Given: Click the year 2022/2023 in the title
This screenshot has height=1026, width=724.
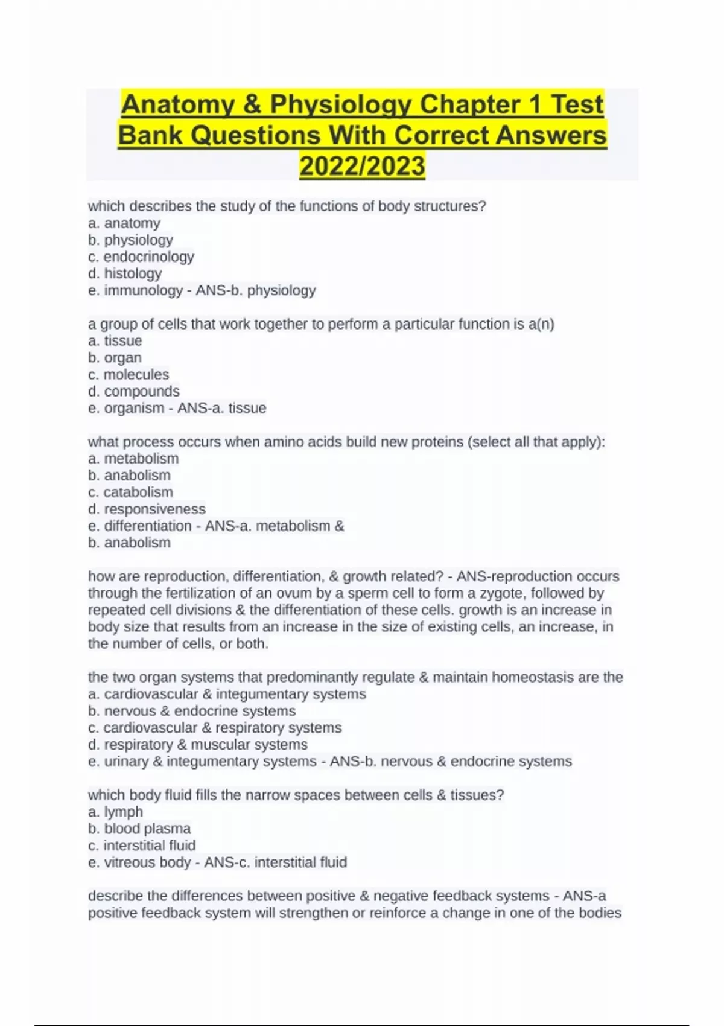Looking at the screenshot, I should (x=362, y=166).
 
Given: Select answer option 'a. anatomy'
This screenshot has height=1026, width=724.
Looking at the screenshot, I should (x=124, y=223).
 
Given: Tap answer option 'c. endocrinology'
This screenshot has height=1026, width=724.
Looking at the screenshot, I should (x=141, y=257).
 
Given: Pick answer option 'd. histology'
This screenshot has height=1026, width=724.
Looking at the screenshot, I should (x=125, y=273).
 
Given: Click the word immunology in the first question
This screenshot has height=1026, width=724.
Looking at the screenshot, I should (x=144, y=290).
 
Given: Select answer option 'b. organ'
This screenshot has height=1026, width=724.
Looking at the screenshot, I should (x=115, y=358).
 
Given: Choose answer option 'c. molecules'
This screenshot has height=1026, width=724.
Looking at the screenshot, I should (x=129, y=375).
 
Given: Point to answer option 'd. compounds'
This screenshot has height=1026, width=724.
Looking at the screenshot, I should (x=134, y=392).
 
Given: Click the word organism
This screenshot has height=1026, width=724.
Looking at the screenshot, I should (x=135, y=409).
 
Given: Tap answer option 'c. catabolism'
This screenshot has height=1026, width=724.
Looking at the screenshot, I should (x=130, y=492).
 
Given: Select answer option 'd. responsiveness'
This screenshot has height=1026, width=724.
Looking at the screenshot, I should (x=147, y=509).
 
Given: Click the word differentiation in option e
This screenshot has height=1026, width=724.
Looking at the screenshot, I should (x=148, y=526).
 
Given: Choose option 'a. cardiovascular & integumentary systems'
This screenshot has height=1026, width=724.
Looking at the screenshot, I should (x=227, y=695).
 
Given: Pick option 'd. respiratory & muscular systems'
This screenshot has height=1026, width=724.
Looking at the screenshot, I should (x=198, y=745).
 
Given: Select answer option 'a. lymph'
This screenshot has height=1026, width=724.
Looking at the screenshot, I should (x=116, y=812).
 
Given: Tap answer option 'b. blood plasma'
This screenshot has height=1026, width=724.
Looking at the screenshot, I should (x=139, y=829).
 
